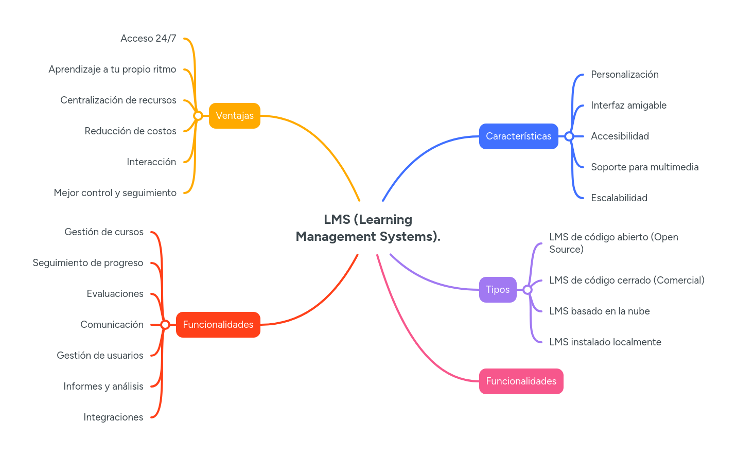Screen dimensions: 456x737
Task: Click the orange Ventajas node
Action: (x=234, y=116)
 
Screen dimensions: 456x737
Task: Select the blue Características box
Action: (x=518, y=136)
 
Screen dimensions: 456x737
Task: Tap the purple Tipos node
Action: (x=497, y=290)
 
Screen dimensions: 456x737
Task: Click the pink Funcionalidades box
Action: (x=521, y=381)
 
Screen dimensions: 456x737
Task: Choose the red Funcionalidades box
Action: (x=218, y=325)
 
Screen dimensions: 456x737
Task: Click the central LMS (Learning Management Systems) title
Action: (x=368, y=228)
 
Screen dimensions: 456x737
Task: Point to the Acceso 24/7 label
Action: (x=148, y=39)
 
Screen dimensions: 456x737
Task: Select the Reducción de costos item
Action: (x=130, y=131)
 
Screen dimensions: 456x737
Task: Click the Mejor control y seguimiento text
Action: (x=115, y=193)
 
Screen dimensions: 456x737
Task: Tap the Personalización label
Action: (x=624, y=75)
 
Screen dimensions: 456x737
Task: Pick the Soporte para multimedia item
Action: (x=644, y=167)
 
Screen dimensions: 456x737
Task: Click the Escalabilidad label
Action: (x=619, y=198)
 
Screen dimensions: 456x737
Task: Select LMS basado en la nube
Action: (x=599, y=311)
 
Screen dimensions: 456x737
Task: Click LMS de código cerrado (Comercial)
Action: (x=626, y=280)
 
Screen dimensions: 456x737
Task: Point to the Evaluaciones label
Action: (x=115, y=294)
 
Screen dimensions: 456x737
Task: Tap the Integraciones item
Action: (x=113, y=417)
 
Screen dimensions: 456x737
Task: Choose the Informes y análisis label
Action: (x=103, y=387)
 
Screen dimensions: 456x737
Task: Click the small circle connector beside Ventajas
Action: (x=198, y=116)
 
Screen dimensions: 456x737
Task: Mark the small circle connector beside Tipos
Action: (x=528, y=290)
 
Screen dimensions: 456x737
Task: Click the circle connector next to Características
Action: (x=569, y=136)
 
